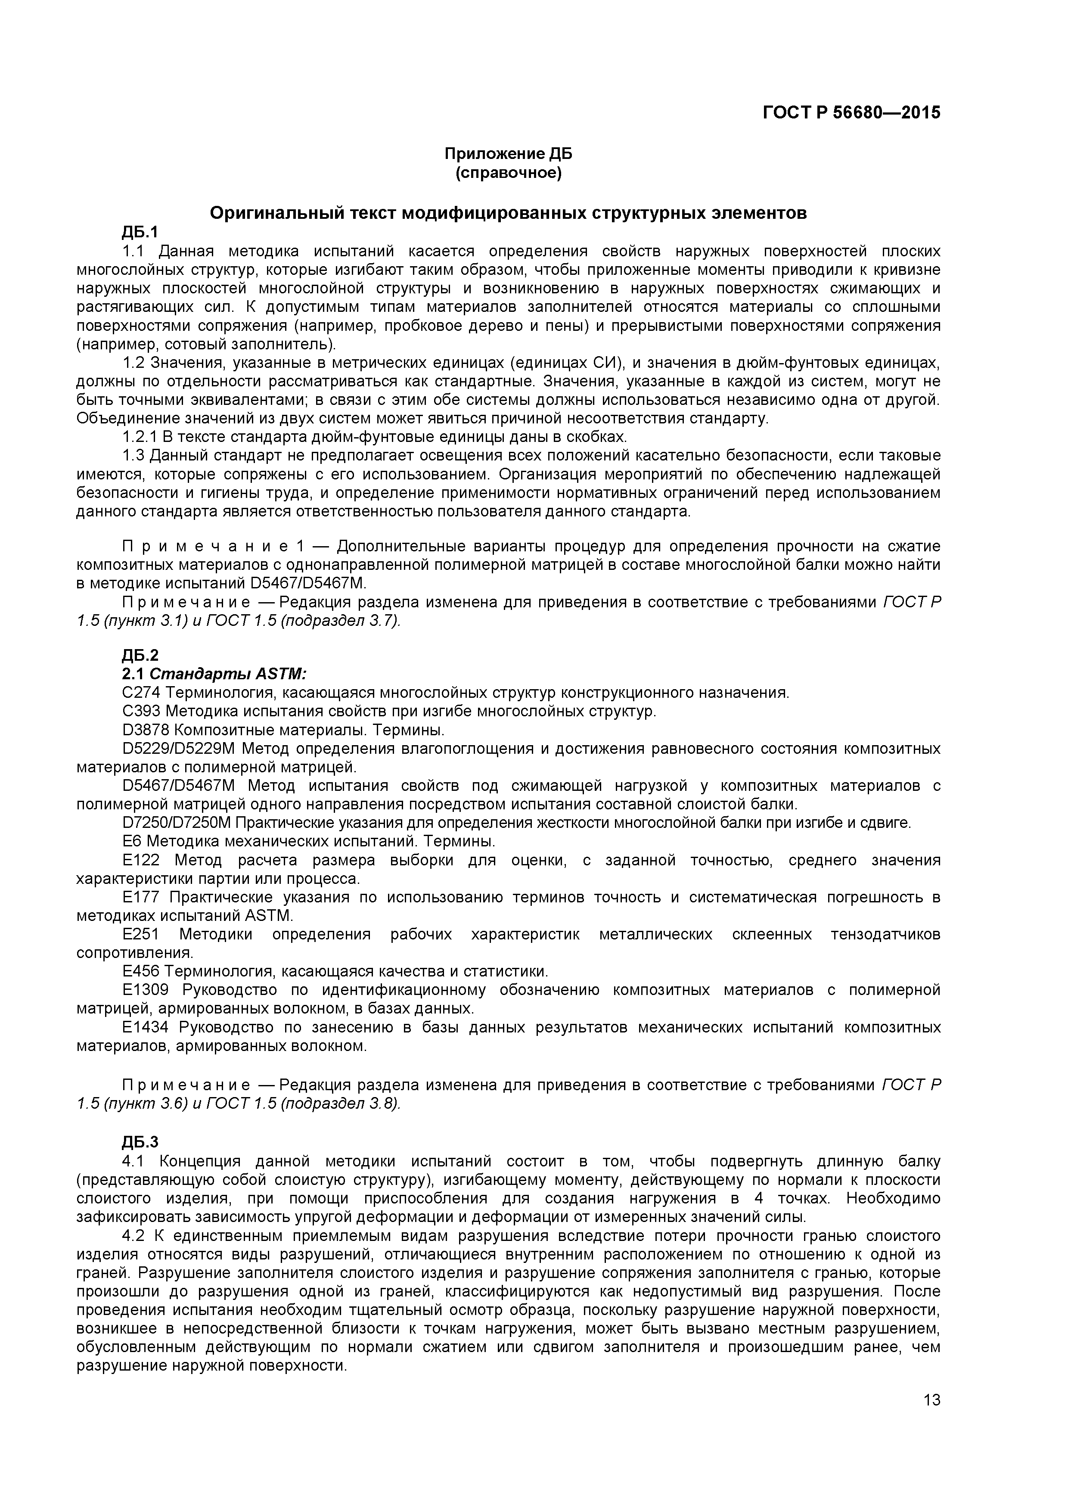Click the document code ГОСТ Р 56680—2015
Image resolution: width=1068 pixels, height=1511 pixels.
851,112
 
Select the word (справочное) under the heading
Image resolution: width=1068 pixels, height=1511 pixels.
508,173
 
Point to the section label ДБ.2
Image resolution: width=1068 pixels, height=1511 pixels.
140,655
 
